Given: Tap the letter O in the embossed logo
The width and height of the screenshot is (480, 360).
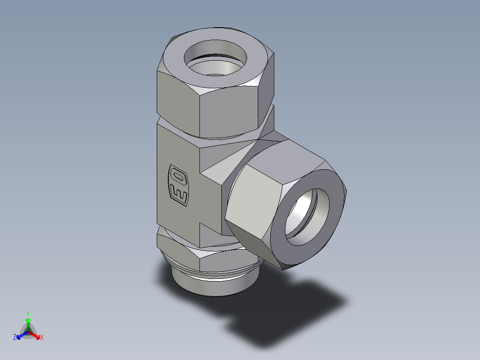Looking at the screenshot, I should click(x=178, y=177).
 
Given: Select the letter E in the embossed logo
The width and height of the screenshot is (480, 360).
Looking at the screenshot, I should click(x=179, y=195).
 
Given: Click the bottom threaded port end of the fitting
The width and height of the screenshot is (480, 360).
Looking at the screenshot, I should click(x=214, y=285).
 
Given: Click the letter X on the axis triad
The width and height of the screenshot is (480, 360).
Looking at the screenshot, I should click(x=42, y=338).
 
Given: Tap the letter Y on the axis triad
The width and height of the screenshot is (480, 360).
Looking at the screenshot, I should click(x=28, y=313).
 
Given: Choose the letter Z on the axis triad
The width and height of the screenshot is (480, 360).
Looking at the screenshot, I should click(x=15, y=338).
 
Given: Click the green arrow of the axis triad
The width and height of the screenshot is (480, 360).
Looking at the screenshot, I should click(x=28, y=323).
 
